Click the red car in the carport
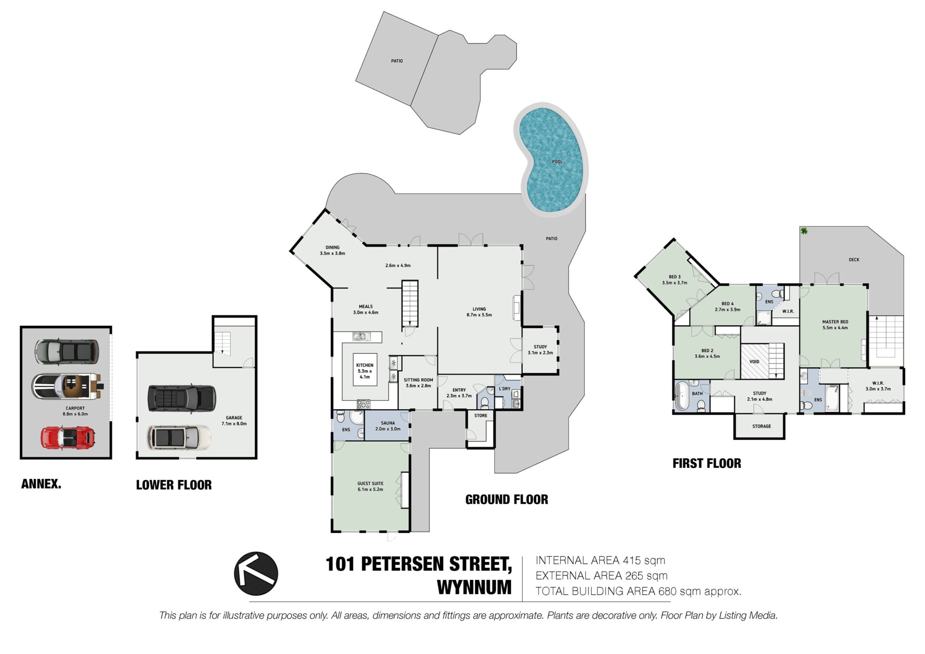(x=68, y=437)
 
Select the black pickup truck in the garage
(x=182, y=398)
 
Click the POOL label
(x=557, y=161)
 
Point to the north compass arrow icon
(x=256, y=574)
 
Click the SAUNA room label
(x=388, y=423)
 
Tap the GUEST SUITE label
(x=370, y=483)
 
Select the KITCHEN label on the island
(x=365, y=365)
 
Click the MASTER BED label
(x=835, y=321)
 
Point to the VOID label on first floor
(x=754, y=361)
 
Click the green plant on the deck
(x=804, y=231)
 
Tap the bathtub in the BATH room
(x=682, y=396)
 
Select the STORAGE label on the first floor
(x=762, y=426)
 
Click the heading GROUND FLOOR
(x=507, y=499)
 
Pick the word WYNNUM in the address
(x=474, y=587)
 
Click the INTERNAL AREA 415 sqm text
(x=600, y=561)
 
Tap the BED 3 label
(x=674, y=277)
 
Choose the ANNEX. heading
(x=41, y=484)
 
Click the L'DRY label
(x=504, y=388)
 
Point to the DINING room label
(x=332, y=247)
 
